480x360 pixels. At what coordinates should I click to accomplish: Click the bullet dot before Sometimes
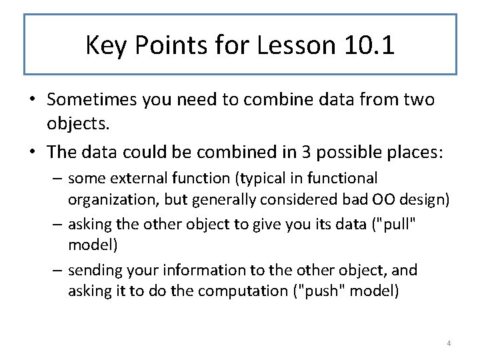[32, 100]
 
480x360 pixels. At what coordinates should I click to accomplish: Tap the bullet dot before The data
[32, 152]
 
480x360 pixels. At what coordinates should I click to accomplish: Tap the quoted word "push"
[317, 291]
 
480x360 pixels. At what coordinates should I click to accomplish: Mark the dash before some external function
[57, 179]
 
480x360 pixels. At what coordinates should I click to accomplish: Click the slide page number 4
[449, 343]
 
